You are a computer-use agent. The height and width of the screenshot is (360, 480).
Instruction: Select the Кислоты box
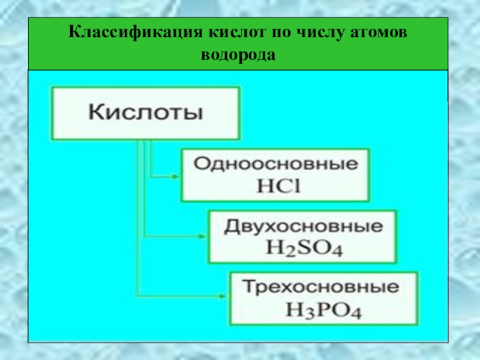point(146,113)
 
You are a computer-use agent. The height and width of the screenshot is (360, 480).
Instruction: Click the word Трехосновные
point(325,287)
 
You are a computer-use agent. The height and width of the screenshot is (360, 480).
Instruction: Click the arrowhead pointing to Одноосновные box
point(175,176)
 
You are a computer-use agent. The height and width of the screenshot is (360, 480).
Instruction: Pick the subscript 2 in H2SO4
point(284,250)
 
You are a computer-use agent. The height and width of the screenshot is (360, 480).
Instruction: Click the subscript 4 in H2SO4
point(337,250)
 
